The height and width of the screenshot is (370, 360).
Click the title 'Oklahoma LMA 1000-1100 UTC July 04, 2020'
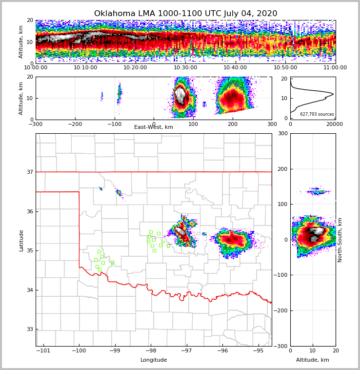(185, 14)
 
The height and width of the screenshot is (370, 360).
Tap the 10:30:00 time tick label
(185, 68)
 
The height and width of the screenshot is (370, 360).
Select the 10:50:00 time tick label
(285, 68)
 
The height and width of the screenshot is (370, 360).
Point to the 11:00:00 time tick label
(335, 68)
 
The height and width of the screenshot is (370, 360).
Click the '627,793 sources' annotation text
(317, 114)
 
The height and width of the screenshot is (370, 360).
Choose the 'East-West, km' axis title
(154, 127)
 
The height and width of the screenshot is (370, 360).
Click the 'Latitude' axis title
(21, 240)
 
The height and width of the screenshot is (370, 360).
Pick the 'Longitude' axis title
(154, 360)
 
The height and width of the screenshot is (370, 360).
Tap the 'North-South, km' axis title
(340, 240)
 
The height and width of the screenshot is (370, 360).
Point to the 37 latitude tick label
(30, 172)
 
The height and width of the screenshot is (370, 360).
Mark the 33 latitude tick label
(30, 329)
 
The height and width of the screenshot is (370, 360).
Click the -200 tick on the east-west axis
(75, 124)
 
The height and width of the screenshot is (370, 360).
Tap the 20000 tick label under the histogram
(334, 124)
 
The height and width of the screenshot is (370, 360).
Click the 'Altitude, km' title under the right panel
(313, 360)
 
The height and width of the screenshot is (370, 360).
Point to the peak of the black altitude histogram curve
(333, 94)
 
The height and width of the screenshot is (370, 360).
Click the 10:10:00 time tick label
(85, 68)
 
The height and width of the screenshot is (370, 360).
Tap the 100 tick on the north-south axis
(283, 204)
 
